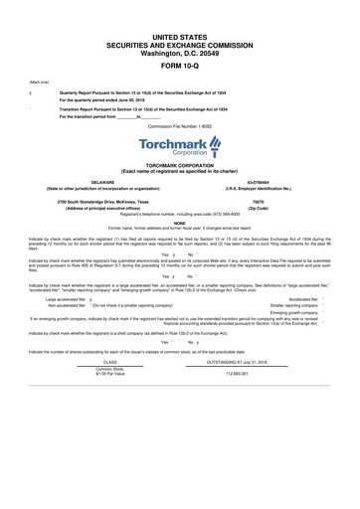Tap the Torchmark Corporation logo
(179, 149)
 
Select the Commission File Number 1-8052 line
(179, 126)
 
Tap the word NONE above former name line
(179, 223)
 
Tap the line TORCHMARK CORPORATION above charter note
(179, 166)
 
